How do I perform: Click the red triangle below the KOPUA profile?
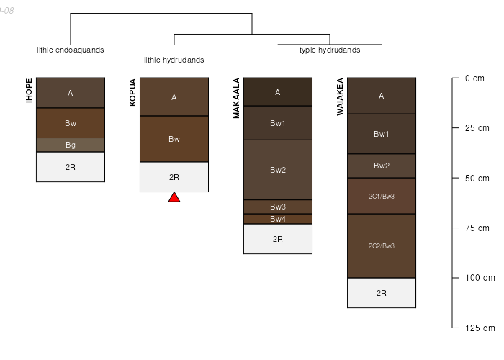174,197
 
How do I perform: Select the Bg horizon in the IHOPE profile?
71,145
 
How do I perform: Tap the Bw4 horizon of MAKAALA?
278,219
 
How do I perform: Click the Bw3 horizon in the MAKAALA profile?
278,207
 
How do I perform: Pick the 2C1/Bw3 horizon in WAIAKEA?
382,196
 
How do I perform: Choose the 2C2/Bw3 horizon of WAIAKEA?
382,246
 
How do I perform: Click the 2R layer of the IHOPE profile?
71,167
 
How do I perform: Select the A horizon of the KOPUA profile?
174,97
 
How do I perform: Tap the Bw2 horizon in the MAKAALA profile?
278,170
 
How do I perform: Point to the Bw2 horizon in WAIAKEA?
382,166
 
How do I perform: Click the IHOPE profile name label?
30,91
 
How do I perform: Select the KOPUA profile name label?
132,92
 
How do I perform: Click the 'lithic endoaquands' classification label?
71,50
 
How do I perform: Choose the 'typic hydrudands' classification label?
330,50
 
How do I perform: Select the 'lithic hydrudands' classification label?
174,60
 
